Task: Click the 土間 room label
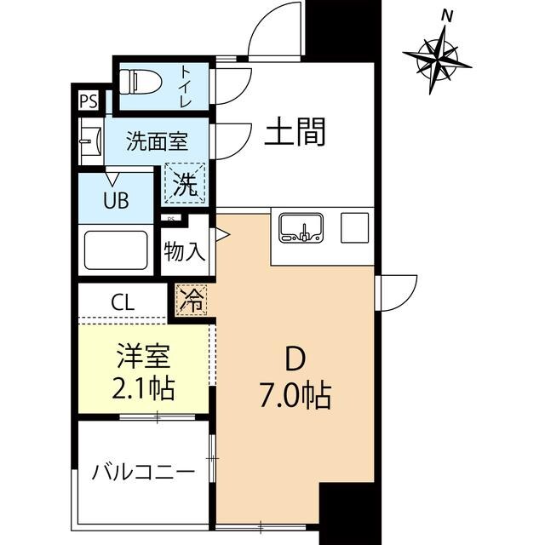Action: coord(295,134)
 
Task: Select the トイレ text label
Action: coord(184,86)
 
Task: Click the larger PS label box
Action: coord(88,101)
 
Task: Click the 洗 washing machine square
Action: coord(186,183)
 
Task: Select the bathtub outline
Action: coord(116,250)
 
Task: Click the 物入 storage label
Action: coord(185,253)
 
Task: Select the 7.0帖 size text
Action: coord(295,396)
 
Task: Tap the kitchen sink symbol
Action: coord(300,227)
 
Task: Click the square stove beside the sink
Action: coord(353,227)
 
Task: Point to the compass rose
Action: coord(438,58)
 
